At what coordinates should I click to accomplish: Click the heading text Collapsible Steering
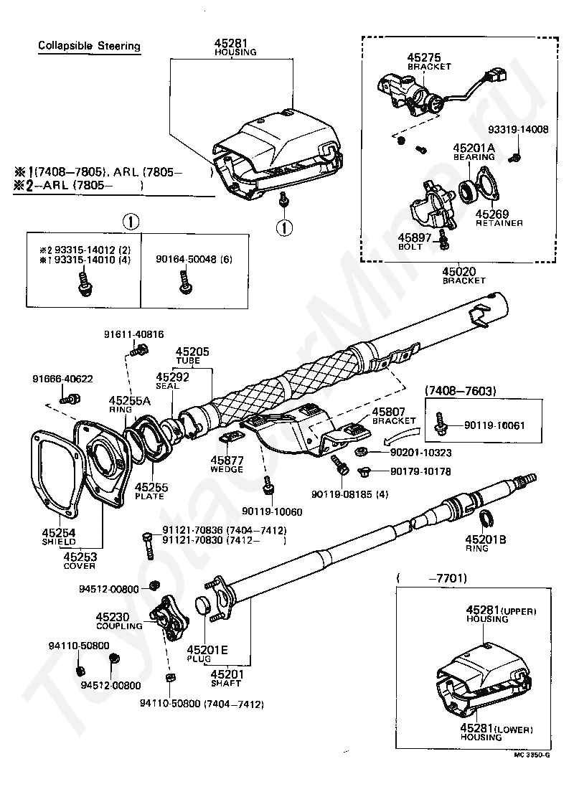point(89,47)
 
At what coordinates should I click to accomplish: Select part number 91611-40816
point(133,334)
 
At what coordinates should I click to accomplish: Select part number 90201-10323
point(420,453)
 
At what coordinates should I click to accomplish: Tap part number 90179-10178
point(420,471)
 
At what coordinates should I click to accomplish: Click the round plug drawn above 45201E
point(204,605)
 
